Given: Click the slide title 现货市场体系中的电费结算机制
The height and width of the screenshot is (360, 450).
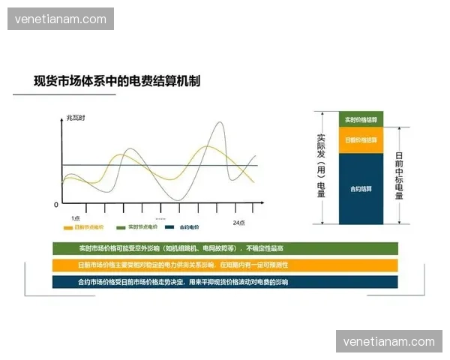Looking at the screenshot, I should [117, 81].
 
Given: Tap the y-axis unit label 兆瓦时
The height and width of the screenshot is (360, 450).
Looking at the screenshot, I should [75, 118].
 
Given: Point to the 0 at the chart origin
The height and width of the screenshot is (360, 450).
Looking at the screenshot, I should [55, 204].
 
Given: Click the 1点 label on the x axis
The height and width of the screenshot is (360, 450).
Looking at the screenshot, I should [75, 217].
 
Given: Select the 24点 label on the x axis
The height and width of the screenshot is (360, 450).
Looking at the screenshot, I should [239, 223].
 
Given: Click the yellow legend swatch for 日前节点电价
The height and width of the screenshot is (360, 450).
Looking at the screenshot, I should [68, 226].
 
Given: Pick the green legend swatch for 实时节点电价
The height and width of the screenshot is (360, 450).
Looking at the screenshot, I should [121, 226].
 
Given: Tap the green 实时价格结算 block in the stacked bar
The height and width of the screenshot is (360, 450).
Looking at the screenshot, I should [361, 120].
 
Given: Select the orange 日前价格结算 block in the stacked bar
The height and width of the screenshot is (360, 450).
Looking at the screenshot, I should [361, 140].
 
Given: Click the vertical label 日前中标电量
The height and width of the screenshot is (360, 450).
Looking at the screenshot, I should [399, 175].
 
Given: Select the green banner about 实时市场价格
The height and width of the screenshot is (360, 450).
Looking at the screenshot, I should [225, 248].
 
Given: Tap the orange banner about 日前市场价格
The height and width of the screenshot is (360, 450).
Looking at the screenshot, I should [225, 265].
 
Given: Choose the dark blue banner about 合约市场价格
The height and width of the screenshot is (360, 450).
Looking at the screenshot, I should [225, 282].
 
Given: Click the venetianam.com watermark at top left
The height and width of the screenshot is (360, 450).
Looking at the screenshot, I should [61, 19].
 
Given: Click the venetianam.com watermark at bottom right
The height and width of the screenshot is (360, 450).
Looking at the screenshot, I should [388, 342].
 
